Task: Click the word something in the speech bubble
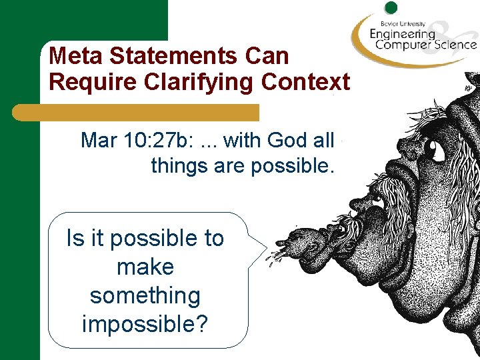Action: pos(145,295)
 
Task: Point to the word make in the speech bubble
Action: pos(145,267)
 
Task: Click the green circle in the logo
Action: pos(391,7)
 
